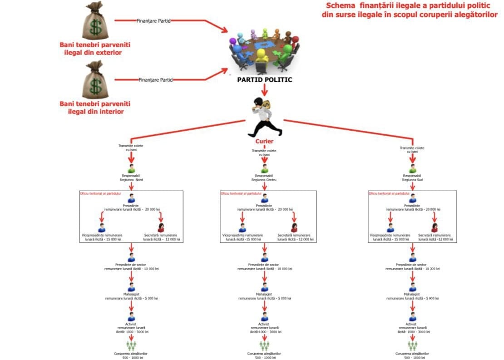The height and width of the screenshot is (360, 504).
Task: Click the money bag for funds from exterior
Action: coord(96,21)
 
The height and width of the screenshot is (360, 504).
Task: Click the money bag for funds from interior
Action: coord(96,80)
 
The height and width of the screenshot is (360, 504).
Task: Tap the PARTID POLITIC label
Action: coord(265,80)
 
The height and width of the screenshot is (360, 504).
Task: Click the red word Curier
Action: coord(264,141)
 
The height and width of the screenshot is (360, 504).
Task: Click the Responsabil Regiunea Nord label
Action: coord(131,178)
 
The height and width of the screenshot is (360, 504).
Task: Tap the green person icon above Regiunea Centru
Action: coord(265,169)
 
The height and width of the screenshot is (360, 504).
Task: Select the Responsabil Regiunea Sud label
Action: coord(412,178)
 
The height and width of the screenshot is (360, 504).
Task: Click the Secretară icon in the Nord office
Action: coord(161,227)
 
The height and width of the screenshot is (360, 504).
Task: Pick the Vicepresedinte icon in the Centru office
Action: coord(242,227)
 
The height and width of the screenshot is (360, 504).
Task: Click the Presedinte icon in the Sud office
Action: coord(412,198)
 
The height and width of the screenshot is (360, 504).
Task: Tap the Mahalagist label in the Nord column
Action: coord(131,294)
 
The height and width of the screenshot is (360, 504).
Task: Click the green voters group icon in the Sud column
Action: coord(412,346)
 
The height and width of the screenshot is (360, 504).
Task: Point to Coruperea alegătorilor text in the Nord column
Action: coord(131,353)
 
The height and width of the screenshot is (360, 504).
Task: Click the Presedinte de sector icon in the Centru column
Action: coord(265,258)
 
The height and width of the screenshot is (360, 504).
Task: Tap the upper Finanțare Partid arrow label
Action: coord(153,21)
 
